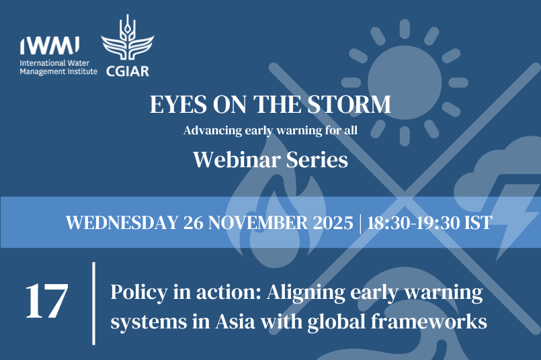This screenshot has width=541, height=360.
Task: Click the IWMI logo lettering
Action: [50, 46]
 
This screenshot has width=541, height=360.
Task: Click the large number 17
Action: [47, 302]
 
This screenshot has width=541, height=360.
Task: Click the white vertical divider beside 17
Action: [93, 303]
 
